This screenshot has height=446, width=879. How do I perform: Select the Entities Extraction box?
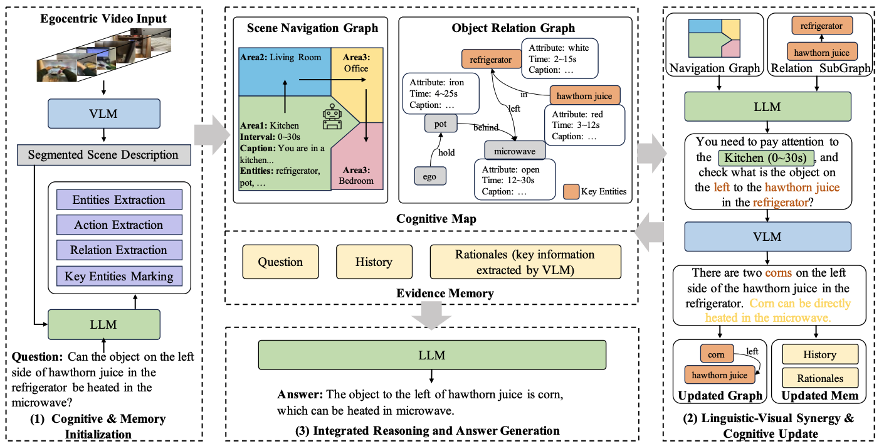(118, 200)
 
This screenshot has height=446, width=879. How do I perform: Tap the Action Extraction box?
(118, 225)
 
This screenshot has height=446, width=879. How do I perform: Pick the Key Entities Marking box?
(118, 275)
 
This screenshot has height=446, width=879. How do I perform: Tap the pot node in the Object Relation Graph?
(440, 124)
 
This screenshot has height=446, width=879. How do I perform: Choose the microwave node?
(515, 151)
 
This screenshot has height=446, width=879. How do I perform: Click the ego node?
(429, 177)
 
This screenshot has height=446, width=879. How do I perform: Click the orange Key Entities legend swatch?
(571, 191)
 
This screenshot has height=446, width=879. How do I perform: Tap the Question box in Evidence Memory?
(281, 262)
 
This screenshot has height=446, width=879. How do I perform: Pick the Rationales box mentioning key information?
(525, 262)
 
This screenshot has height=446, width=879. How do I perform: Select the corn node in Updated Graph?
(716, 355)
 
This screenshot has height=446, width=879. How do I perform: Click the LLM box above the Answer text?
(432, 355)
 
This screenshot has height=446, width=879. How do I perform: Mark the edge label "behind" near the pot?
(485, 128)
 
